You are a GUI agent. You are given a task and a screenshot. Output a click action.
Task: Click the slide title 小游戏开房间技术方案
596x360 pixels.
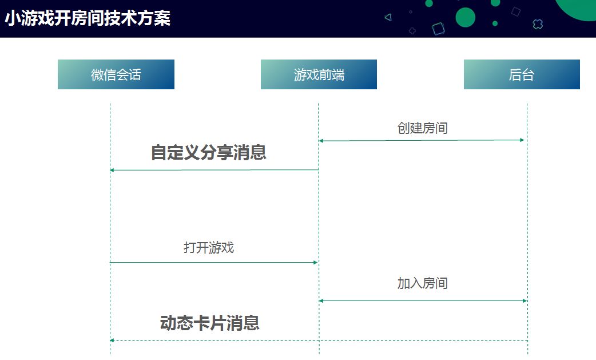tap(88, 19)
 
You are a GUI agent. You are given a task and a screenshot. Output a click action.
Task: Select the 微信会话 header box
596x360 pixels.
tap(116, 74)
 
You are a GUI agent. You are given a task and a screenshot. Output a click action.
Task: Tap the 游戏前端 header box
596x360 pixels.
tap(319, 74)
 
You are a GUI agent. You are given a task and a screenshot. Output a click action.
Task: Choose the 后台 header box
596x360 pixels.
tap(522, 74)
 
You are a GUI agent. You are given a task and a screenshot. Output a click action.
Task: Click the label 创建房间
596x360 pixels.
tap(422, 128)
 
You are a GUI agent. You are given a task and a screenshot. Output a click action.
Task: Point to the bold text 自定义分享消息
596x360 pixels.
tap(209, 153)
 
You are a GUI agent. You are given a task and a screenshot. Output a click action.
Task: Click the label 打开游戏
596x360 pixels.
tap(209, 248)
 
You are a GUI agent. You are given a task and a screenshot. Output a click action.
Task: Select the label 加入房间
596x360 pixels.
tap(422, 283)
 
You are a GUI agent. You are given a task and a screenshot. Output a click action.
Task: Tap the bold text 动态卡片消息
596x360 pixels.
tap(209, 323)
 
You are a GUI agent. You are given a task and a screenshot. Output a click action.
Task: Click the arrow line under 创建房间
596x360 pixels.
tap(422, 140)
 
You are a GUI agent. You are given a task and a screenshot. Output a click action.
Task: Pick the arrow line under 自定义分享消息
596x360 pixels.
tap(214, 170)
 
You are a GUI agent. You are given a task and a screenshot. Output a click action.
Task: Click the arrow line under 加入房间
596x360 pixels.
tap(422, 300)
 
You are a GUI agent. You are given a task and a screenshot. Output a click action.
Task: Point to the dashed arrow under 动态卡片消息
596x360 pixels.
tap(318, 341)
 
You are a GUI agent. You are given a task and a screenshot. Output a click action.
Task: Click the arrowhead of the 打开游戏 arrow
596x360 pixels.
tap(315, 262)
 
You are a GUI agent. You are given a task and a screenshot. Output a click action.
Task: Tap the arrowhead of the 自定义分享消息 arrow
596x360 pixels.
tap(113, 170)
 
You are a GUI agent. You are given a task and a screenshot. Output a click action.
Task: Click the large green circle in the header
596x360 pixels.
tap(465, 18)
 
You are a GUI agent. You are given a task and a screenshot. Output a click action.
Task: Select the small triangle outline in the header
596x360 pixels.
tap(388, 17)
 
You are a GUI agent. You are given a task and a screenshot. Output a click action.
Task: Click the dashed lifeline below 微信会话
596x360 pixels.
tap(110, 217)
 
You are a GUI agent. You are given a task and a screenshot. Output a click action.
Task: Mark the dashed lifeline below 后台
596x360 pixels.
tap(527, 217)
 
